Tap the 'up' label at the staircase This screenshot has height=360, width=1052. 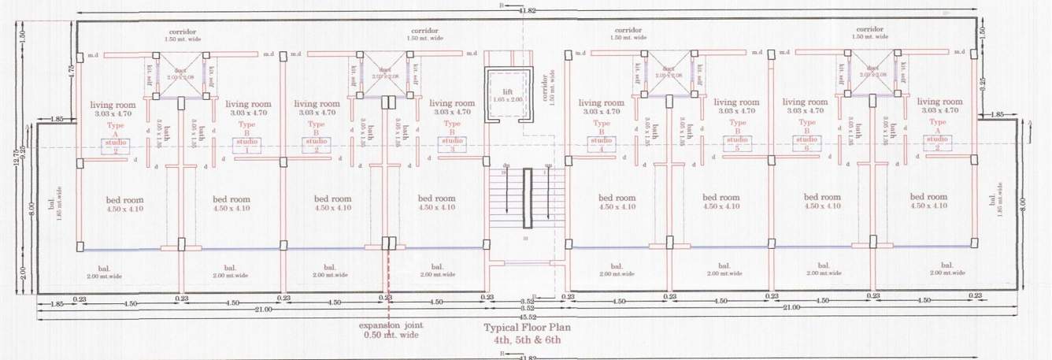click(x=547, y=165)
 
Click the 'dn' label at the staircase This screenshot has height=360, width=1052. click(x=506, y=165)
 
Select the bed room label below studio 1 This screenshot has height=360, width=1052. click(x=231, y=202)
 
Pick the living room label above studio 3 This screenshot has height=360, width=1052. click(x=452, y=108)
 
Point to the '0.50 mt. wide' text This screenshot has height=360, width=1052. click(x=391, y=336)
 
